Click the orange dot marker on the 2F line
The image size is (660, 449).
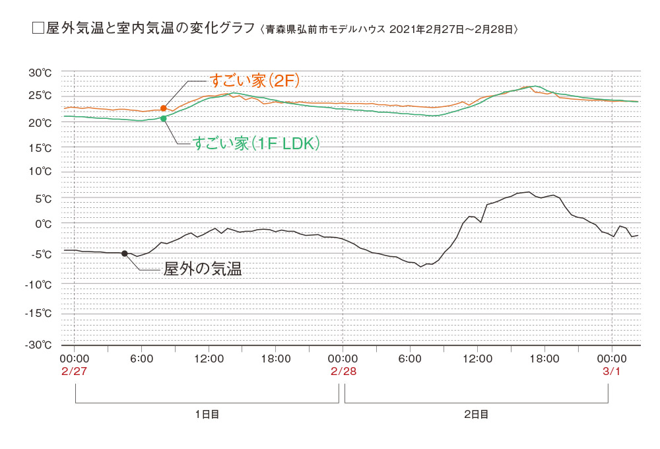click(x=164, y=108)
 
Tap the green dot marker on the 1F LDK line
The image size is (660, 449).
click(x=164, y=119)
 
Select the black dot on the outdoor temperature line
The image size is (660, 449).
click(x=124, y=254)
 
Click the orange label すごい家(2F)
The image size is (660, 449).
click(x=255, y=81)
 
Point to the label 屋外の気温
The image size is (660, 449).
click(x=203, y=269)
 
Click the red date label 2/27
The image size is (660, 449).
click(x=74, y=370)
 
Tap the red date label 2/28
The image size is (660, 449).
click(x=343, y=370)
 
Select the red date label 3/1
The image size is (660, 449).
click(x=612, y=370)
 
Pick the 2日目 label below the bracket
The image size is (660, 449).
click(x=476, y=415)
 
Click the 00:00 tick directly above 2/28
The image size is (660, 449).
click(x=343, y=359)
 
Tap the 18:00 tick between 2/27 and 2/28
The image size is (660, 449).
click(x=276, y=359)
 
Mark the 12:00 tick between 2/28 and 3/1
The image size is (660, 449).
click(x=477, y=359)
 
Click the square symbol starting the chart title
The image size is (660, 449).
click(x=38, y=29)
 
